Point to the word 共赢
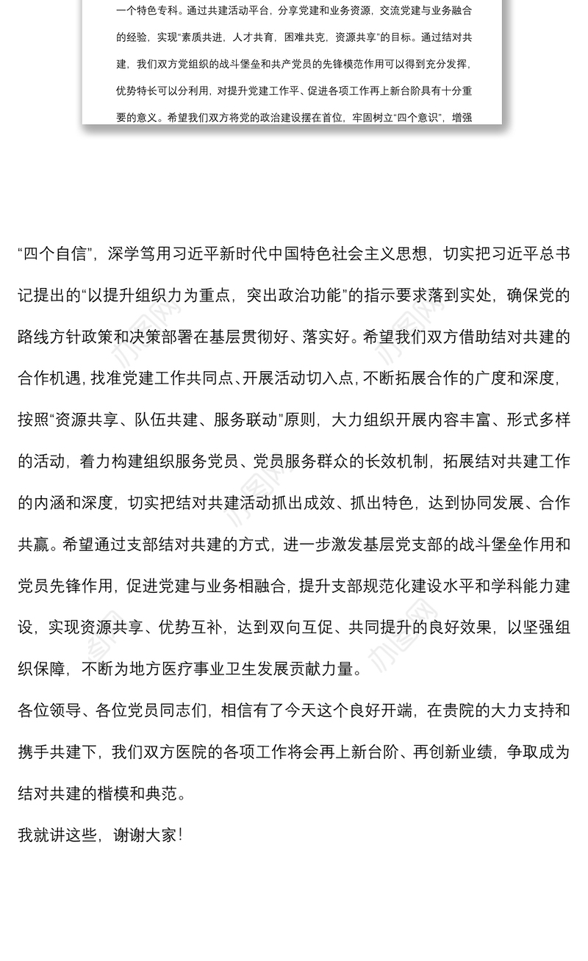pyautogui.click(x=35, y=546)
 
